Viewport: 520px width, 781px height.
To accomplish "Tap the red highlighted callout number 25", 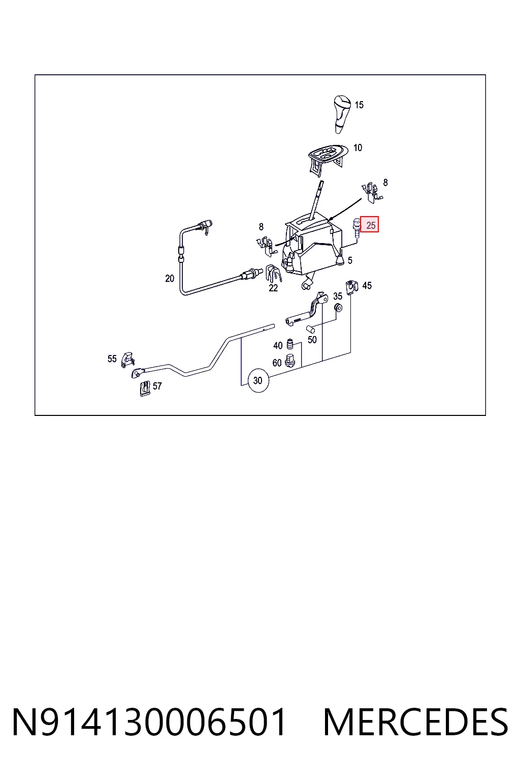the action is [x=370, y=225].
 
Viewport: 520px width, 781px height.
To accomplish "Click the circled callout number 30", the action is [x=258, y=380].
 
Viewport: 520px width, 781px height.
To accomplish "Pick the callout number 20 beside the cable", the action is [x=170, y=278].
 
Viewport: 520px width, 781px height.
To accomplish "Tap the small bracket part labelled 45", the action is [x=352, y=286].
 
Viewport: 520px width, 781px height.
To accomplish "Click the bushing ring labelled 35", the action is [x=338, y=308].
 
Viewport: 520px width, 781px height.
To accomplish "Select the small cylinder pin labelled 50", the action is [x=310, y=329].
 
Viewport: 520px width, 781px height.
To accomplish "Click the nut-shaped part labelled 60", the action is [x=290, y=361].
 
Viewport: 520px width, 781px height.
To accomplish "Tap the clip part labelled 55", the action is [x=127, y=360].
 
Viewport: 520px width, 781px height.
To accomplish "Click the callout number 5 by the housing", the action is [x=350, y=260].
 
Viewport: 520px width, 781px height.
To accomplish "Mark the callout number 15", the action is [x=359, y=105].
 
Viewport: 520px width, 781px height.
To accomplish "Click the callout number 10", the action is [x=357, y=147].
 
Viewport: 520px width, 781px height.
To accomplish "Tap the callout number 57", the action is [x=157, y=386].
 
